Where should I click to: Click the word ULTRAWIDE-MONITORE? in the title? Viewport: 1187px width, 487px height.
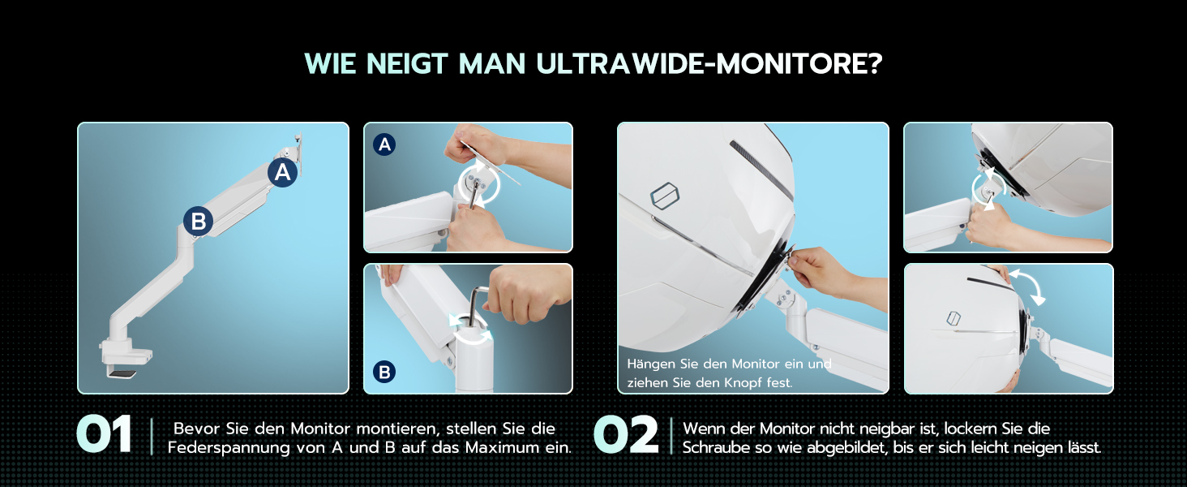point(709,63)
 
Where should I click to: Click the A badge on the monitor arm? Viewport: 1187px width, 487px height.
point(282,172)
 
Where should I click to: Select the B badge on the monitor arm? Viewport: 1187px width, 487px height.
point(198,222)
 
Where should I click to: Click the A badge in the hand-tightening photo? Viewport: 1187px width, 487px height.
point(384,144)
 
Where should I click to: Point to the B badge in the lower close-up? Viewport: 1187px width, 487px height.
point(384,372)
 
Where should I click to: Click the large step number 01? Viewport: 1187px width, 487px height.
point(105,435)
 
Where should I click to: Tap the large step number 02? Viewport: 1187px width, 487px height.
point(626,435)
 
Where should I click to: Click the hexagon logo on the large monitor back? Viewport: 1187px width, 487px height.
point(665,196)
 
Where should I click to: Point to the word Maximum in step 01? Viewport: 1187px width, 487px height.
point(503,448)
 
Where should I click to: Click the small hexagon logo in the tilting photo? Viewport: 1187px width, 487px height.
point(953,318)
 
